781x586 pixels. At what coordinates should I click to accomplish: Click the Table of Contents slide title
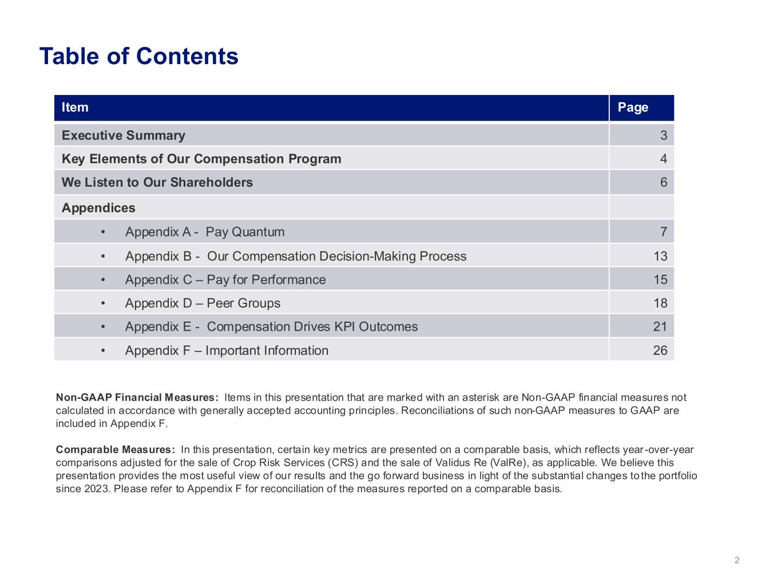coord(138,56)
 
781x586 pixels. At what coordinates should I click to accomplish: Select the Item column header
coord(75,108)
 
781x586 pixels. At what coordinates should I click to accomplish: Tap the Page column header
coord(633,108)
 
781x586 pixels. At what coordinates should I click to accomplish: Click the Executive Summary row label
coord(124,136)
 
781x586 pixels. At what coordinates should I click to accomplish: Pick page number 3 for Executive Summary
coord(663,136)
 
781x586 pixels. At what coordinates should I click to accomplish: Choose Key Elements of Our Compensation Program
coord(201,159)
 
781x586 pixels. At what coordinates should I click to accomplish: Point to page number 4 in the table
coord(663,159)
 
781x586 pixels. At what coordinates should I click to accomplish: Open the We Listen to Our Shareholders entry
coord(157,183)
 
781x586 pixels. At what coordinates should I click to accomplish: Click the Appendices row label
coord(98,208)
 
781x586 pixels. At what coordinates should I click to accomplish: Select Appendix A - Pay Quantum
coord(204,232)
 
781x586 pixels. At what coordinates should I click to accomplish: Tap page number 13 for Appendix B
coord(660,256)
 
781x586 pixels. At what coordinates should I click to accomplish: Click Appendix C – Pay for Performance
coord(225,280)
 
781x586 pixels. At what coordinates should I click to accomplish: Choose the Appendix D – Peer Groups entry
coord(203,303)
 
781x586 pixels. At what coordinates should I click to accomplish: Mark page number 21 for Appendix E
coord(660,327)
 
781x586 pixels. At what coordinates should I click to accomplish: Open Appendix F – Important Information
coord(227,351)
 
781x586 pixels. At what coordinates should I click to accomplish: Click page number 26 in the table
coord(660,351)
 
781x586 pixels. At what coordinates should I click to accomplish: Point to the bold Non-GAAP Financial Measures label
coord(137,398)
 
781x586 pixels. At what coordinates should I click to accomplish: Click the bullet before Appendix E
coord(102,327)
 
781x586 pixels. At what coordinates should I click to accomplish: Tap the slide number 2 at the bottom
coord(737,560)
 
